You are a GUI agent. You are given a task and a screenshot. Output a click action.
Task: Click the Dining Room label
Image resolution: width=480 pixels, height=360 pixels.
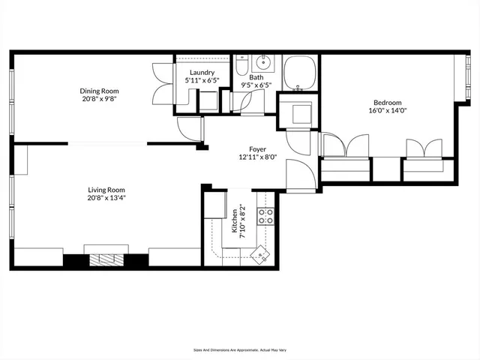tap(100, 91)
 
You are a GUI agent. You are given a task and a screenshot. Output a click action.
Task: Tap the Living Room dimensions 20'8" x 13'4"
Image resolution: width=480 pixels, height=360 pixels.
tap(106, 199)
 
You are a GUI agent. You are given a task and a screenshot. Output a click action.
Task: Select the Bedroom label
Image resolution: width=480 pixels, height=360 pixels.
tap(388, 103)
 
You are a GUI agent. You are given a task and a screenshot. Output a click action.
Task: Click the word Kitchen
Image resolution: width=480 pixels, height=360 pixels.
tap(235, 221)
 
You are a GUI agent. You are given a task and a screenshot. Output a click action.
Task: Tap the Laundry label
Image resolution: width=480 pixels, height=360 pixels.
tap(202, 73)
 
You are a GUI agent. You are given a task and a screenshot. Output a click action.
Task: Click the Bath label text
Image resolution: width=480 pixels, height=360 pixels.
tap(256, 77)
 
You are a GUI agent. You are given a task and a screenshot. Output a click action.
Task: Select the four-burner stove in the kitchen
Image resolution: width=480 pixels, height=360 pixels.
tap(265, 217)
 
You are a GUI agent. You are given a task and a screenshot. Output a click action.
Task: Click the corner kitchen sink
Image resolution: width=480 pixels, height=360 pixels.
tap(259, 255)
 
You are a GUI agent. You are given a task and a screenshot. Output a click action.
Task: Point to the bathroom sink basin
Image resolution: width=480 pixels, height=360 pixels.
tap(263, 62)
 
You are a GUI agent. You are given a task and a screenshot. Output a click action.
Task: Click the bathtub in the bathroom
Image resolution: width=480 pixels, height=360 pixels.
tap(301, 73)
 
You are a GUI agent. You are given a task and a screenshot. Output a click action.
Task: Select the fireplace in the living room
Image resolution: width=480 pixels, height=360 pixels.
tap(105, 261)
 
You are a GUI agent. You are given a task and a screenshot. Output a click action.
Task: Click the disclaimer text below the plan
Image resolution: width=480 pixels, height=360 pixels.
tap(240, 349)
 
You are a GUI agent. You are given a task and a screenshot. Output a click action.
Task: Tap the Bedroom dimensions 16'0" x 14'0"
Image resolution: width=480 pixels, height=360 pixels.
tap(388, 111)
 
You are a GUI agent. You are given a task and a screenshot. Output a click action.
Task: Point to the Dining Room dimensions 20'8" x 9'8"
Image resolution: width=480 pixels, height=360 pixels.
tap(100, 99)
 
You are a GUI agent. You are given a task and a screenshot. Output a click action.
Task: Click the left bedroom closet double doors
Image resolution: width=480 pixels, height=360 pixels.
tap(344, 146)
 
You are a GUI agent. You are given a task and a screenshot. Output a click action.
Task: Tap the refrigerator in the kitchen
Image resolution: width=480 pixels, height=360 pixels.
tap(217, 205)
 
